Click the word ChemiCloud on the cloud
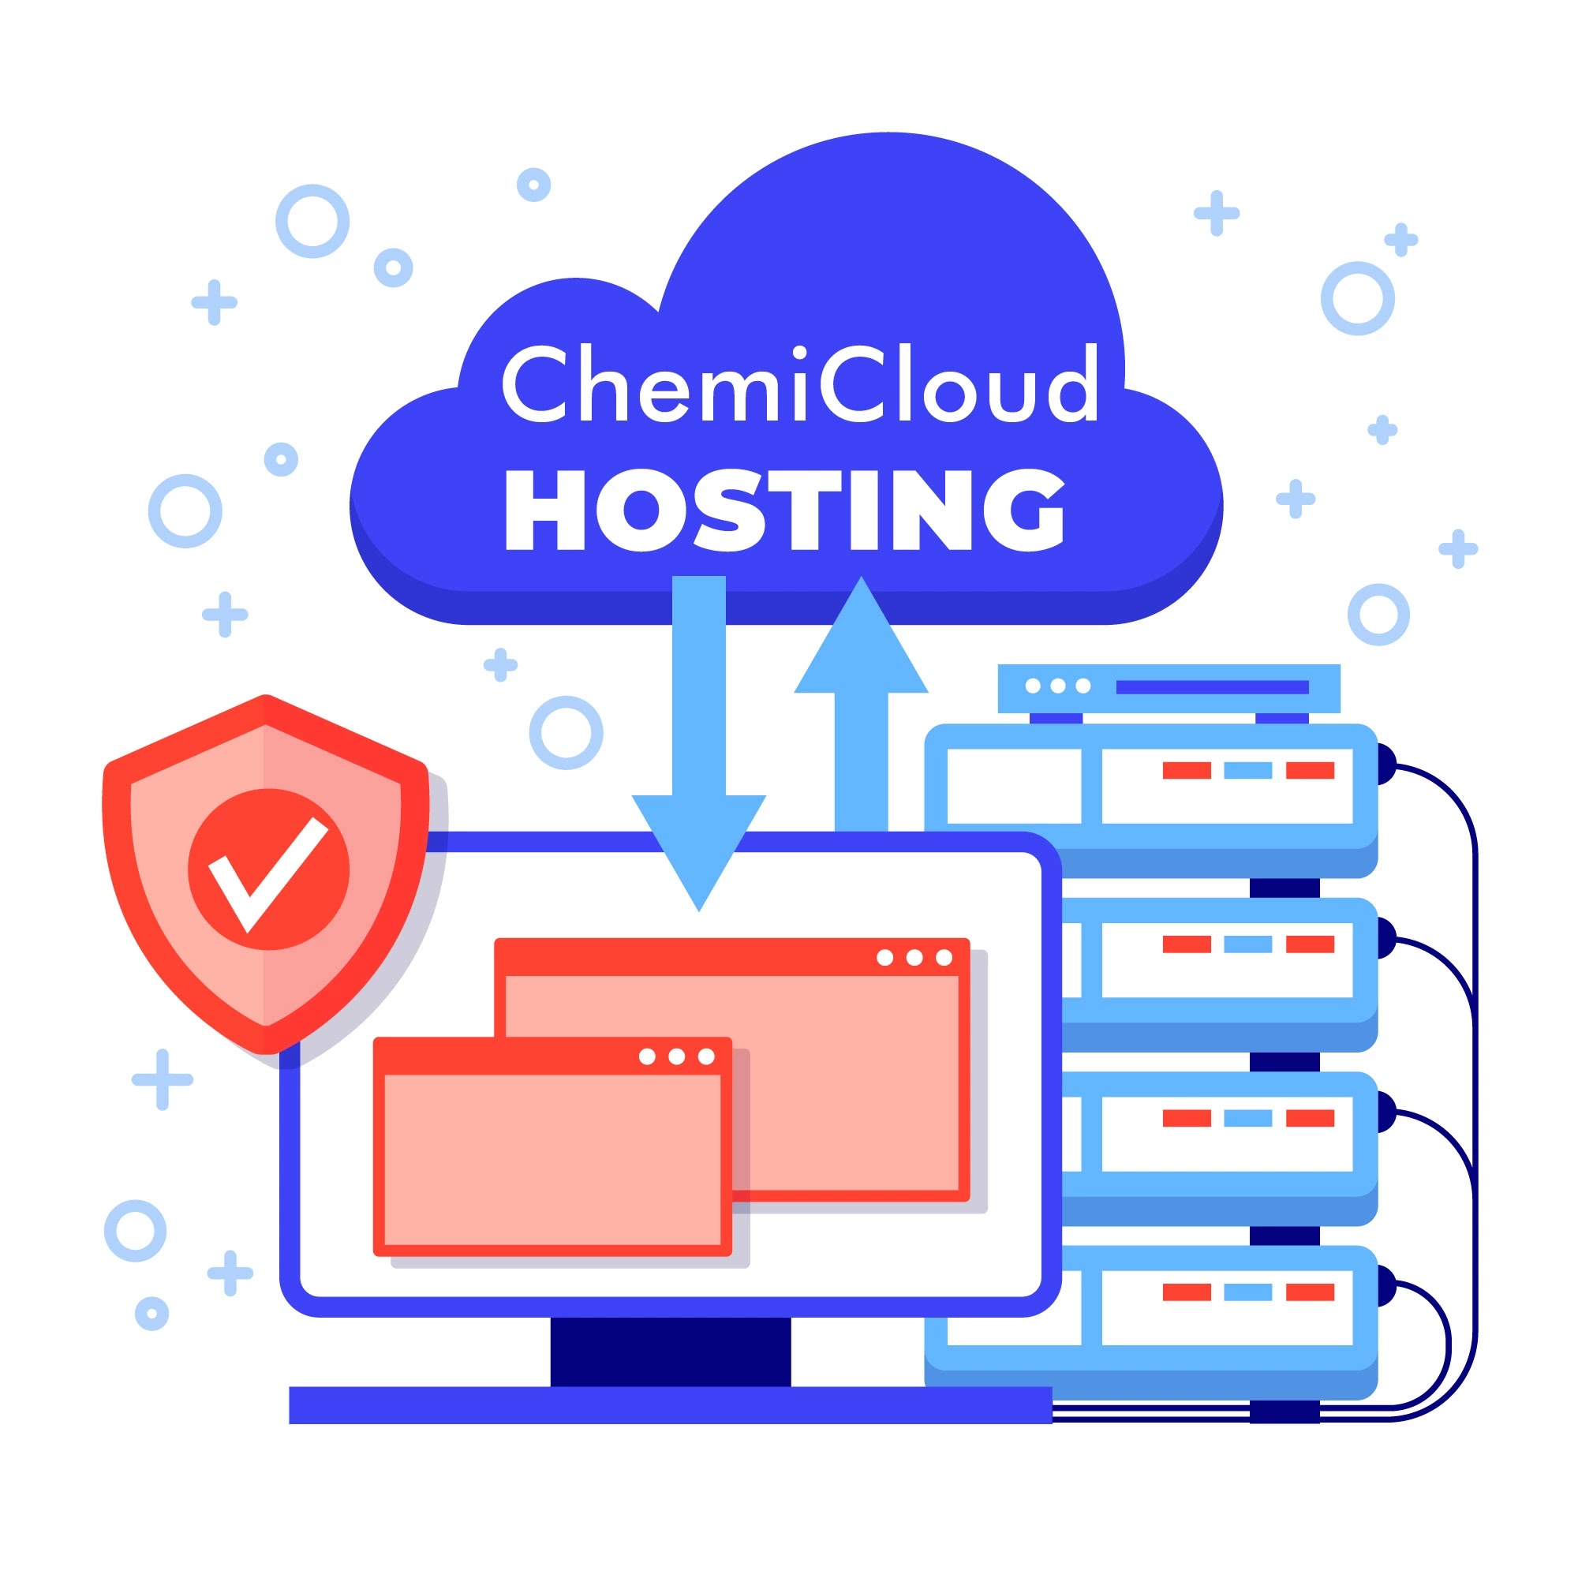pos(799,384)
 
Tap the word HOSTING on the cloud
pos(785,510)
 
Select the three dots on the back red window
pos(914,957)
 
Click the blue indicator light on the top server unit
pos(1247,770)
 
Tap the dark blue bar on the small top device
pos(1212,687)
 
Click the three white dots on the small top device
pos(1058,686)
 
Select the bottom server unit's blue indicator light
pos(1247,1292)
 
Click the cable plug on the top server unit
pos(1385,765)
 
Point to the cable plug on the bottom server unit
pos(1385,1285)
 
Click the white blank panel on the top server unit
pos(1014,786)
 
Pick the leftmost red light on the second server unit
pos(1186,944)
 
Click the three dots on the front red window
pos(676,1057)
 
